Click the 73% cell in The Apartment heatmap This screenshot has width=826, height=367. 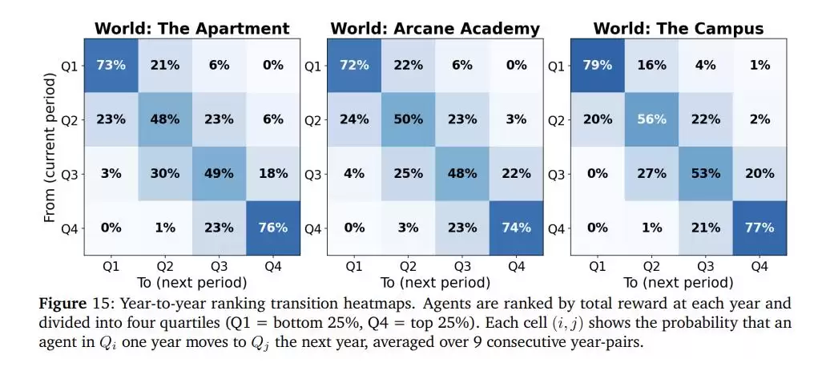coord(111,65)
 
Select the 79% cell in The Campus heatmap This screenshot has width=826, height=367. coord(598,65)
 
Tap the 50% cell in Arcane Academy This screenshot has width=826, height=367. coord(409,119)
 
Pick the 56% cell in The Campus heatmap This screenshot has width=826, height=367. coord(651,119)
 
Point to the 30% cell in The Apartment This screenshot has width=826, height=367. coord(165,174)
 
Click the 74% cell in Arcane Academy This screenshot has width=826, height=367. coord(516,228)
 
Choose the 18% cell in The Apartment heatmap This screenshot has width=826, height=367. coord(273,174)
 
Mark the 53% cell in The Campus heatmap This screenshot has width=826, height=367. coord(706,174)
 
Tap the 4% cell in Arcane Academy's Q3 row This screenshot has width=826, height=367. coord(355,174)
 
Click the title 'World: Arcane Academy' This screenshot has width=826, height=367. coord(436,28)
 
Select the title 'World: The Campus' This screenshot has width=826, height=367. coord(679,28)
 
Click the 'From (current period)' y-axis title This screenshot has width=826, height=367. coord(50,147)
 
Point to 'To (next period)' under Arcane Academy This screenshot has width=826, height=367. coord(436,283)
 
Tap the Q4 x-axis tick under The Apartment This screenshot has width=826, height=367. coord(273,267)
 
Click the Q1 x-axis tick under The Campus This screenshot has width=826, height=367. coord(598,267)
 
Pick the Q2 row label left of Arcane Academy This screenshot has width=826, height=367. coord(313,120)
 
